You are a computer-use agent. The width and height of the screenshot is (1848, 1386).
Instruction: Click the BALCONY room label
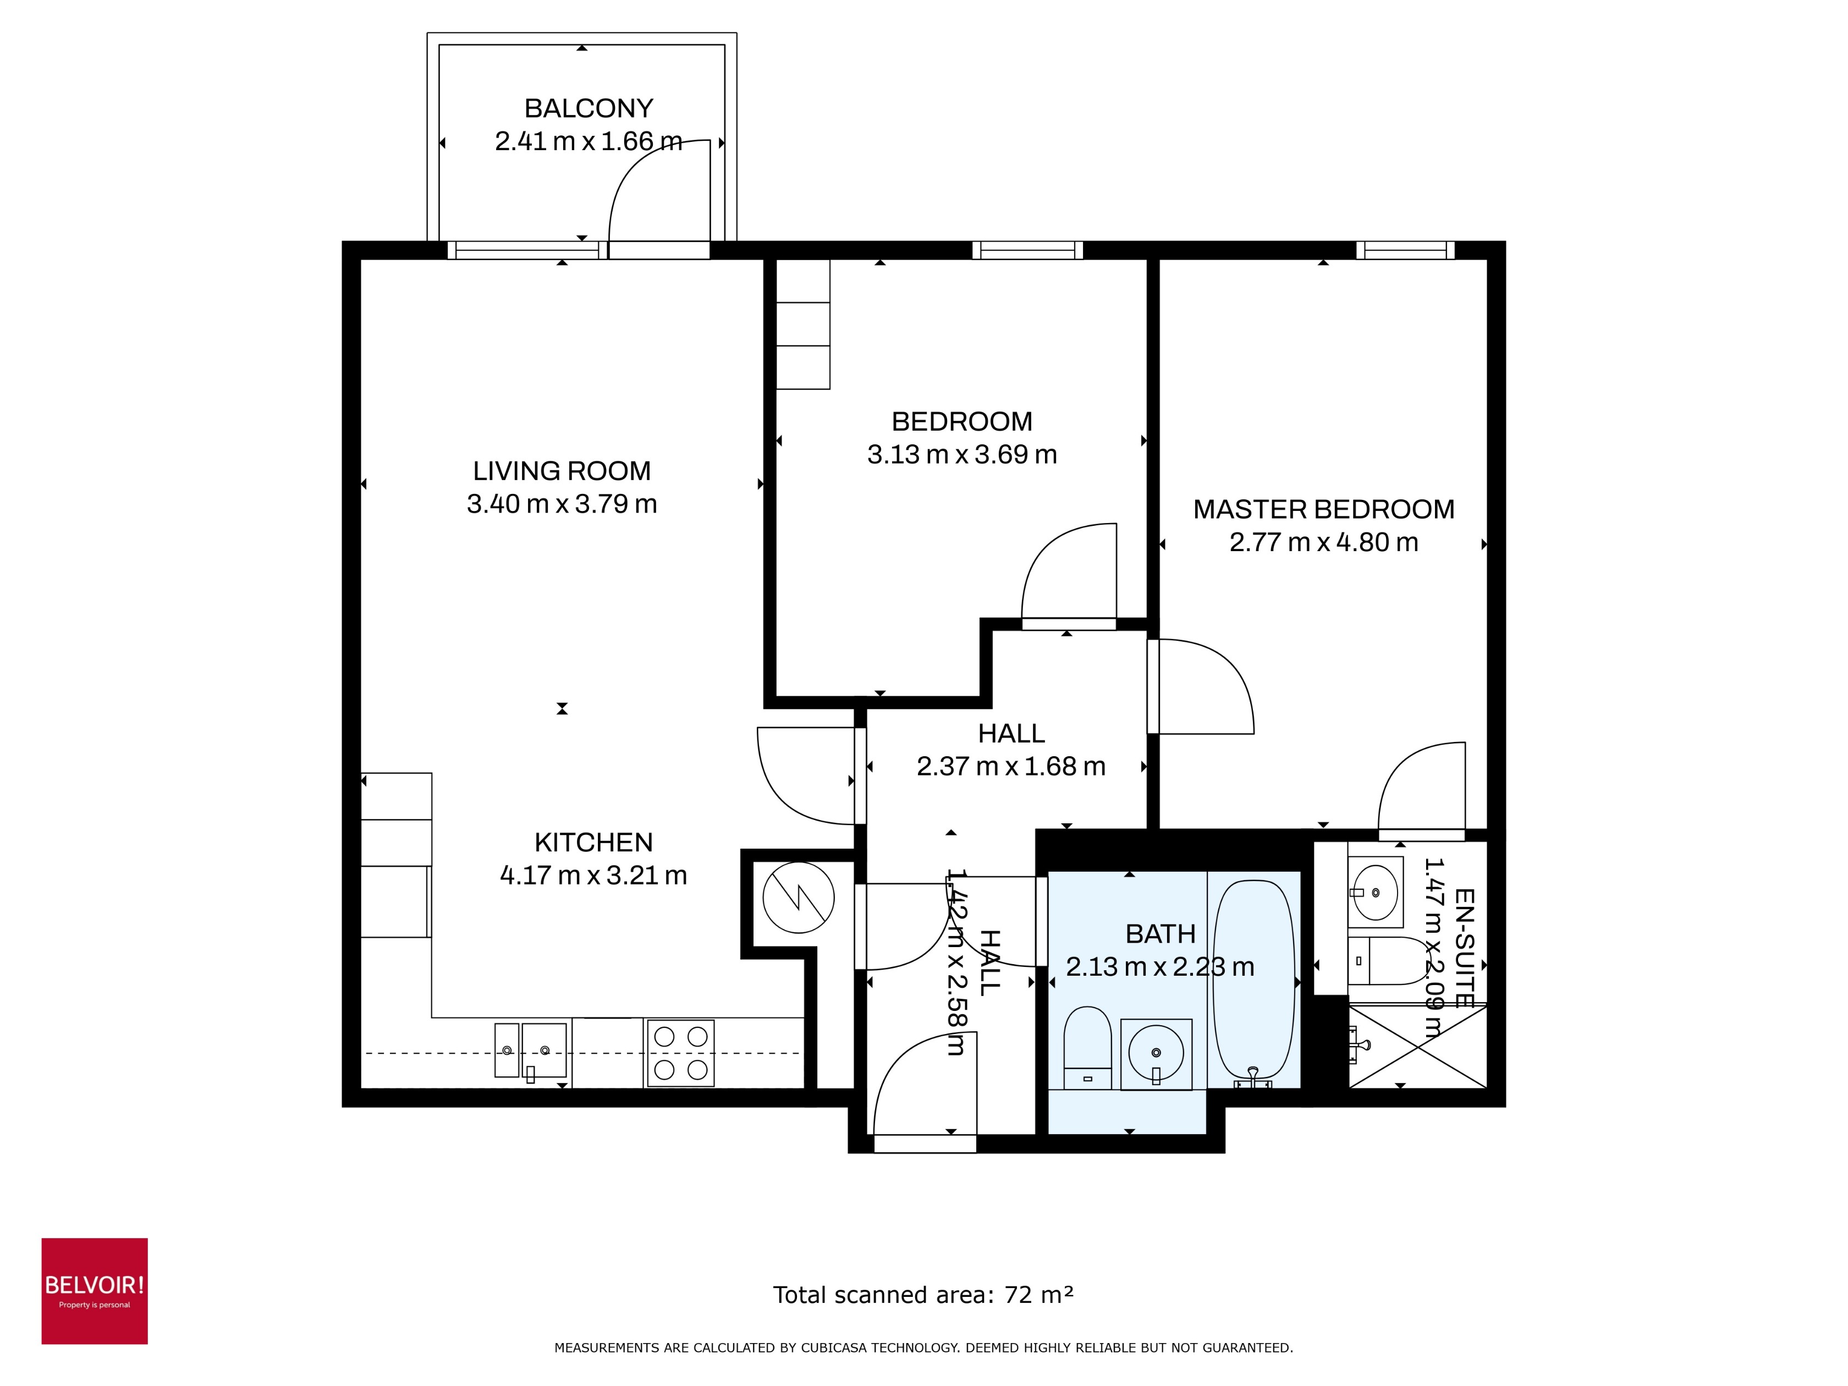(588, 108)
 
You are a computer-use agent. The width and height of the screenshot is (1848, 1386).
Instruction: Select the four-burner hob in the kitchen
(680, 1053)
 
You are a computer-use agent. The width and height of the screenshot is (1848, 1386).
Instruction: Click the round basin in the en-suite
(1374, 892)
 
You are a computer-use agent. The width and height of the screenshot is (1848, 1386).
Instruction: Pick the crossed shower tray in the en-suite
(1418, 1047)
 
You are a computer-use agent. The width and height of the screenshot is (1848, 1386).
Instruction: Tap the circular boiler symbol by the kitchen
(798, 897)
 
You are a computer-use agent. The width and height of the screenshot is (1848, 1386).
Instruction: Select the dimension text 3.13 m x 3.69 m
(961, 454)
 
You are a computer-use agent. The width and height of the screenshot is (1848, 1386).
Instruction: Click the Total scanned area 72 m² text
(922, 1295)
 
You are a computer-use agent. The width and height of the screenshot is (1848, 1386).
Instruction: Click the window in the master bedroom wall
(1404, 250)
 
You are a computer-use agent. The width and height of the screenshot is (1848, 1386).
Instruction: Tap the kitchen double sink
(531, 1050)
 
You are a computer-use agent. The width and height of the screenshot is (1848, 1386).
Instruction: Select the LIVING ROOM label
(562, 471)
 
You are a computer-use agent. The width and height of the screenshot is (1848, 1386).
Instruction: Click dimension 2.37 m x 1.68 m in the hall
(1011, 766)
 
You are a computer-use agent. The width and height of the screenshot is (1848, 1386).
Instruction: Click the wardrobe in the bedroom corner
(803, 324)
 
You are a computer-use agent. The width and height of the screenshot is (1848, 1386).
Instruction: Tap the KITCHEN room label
(593, 842)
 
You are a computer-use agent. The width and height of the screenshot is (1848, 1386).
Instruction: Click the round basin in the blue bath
(1156, 1053)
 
